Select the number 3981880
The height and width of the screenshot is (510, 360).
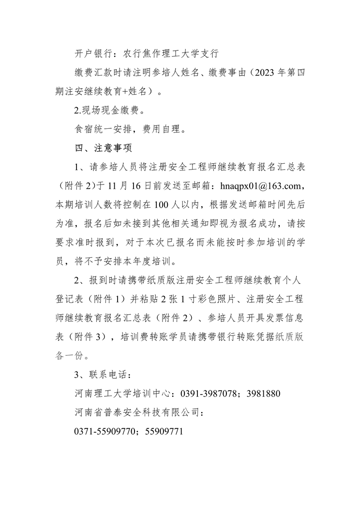[264, 394]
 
